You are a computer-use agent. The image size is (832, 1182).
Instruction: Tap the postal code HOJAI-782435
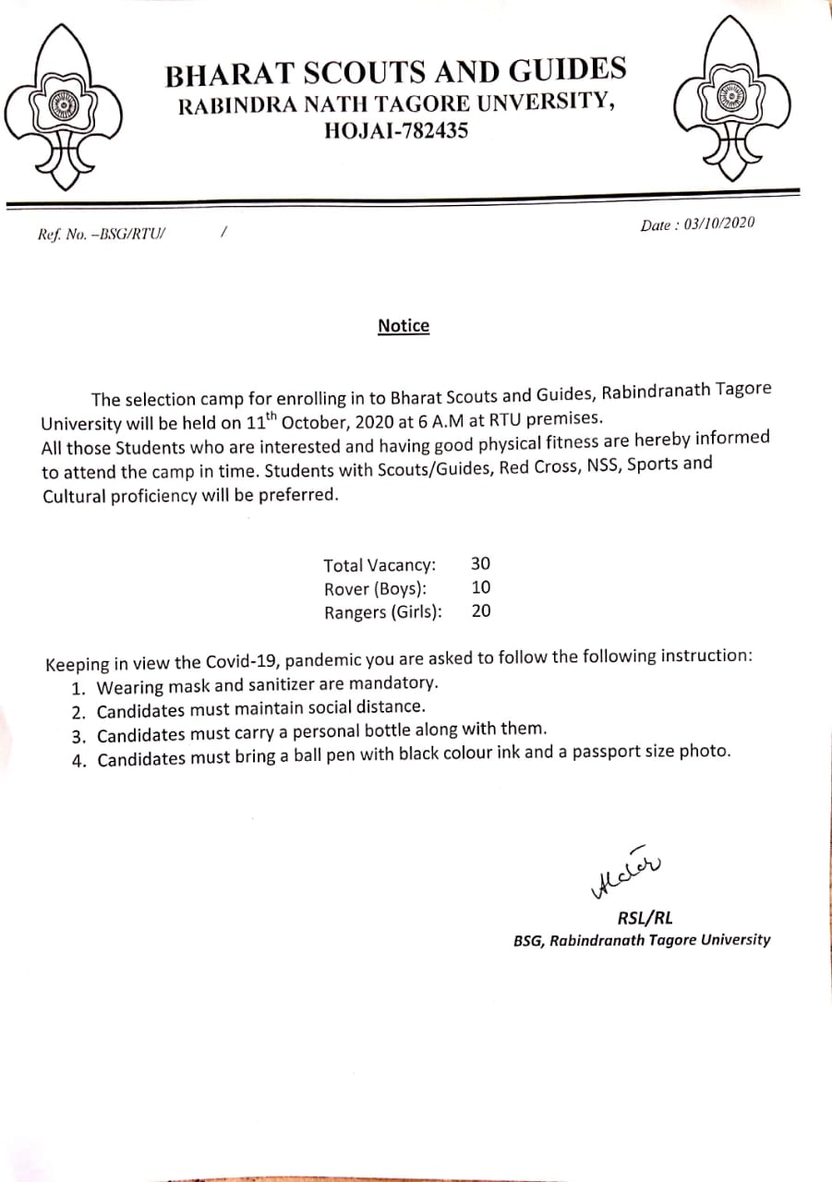396,131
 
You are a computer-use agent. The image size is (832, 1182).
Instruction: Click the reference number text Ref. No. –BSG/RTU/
101,235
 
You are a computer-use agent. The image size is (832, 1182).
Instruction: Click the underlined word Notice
404,326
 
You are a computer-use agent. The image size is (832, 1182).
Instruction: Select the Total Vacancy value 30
480,563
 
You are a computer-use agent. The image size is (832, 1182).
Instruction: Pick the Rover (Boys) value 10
480,587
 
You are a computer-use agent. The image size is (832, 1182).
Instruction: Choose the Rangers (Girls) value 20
481,610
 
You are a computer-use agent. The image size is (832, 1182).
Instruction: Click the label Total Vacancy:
380,565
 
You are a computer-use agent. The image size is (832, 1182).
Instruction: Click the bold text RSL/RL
645,918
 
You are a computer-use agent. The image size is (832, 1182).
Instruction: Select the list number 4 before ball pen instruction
78,760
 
